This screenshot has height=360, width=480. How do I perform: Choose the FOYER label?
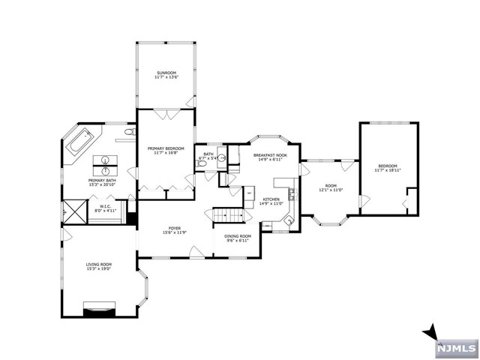pyautogui.click(x=174, y=229)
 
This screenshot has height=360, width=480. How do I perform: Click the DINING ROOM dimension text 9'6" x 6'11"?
pyautogui.click(x=238, y=241)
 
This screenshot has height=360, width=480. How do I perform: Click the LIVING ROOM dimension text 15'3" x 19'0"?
pyautogui.click(x=99, y=268)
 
